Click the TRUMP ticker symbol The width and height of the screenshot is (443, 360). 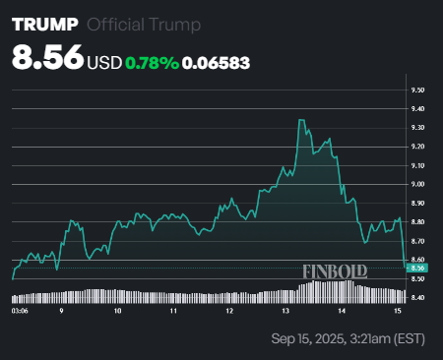tap(43, 26)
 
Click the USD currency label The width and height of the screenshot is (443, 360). tap(104, 62)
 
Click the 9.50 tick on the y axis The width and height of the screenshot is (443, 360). tap(418, 90)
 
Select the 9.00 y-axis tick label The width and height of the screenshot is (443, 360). tap(418, 184)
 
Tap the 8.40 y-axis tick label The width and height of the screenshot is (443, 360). tap(418, 297)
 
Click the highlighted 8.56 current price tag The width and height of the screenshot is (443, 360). tap(417, 268)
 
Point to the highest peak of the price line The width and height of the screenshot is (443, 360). tap(299, 120)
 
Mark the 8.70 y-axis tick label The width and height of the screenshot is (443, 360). tap(418, 241)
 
